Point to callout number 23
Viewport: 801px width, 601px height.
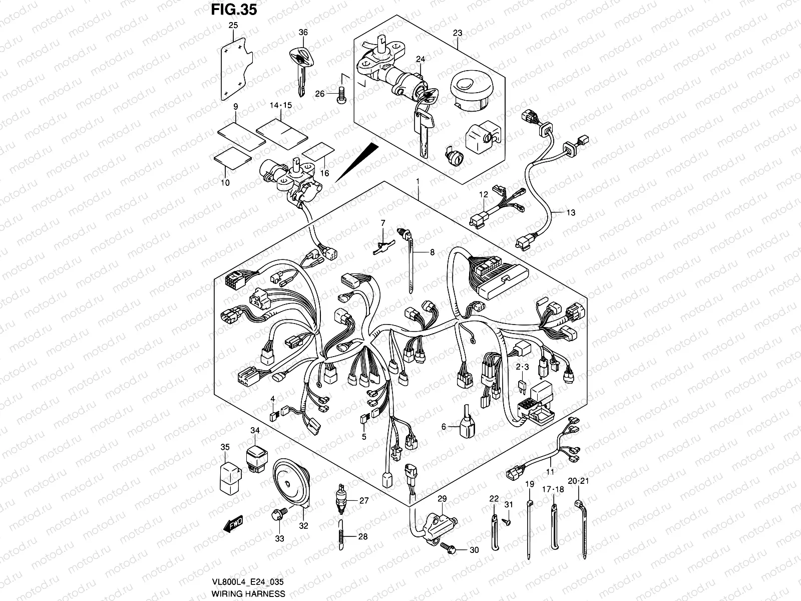click(457, 33)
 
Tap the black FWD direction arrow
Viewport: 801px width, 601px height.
click(233, 524)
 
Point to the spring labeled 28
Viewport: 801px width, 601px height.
click(341, 535)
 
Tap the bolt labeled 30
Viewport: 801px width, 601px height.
click(448, 549)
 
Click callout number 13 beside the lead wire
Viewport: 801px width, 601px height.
click(571, 212)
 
